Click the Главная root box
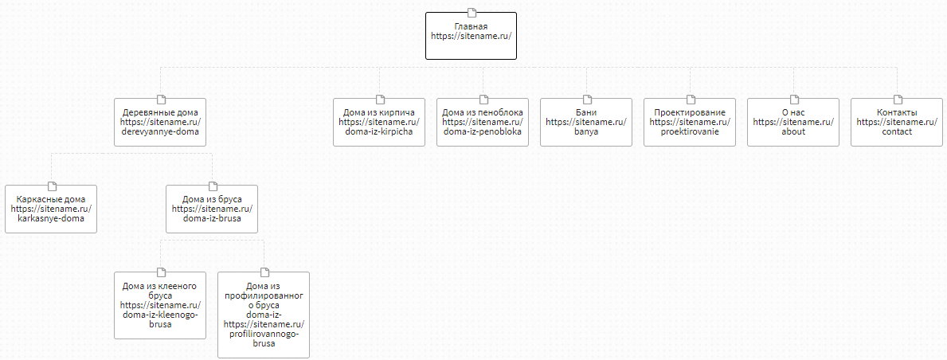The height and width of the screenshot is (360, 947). pos(471,36)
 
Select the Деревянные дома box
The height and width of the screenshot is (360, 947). pos(160,122)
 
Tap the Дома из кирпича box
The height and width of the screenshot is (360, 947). pos(379,122)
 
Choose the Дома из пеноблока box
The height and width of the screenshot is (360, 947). pos(483,122)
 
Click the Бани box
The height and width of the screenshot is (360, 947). pos(586,122)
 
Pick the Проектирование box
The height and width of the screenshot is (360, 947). pos(690,122)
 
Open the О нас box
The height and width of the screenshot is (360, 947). pos(793,122)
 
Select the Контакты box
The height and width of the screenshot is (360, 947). pos(897,122)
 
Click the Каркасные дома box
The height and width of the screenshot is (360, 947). pos(51,209)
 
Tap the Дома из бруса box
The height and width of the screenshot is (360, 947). pos(212,209)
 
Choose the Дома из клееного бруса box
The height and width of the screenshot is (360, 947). pos(160,305)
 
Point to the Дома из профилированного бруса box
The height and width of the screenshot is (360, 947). pos(264,315)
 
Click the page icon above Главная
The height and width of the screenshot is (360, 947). pos(471,13)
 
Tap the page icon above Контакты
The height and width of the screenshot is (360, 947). pos(897,99)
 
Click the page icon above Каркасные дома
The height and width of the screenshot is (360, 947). pos(51,186)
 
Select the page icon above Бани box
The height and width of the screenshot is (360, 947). pos(586,99)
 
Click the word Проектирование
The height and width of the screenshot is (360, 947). pos(690,112)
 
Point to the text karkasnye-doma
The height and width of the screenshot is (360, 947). pos(51,219)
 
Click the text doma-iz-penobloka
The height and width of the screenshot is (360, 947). pos(483,131)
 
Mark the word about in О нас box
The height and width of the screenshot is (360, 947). pos(793,131)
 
